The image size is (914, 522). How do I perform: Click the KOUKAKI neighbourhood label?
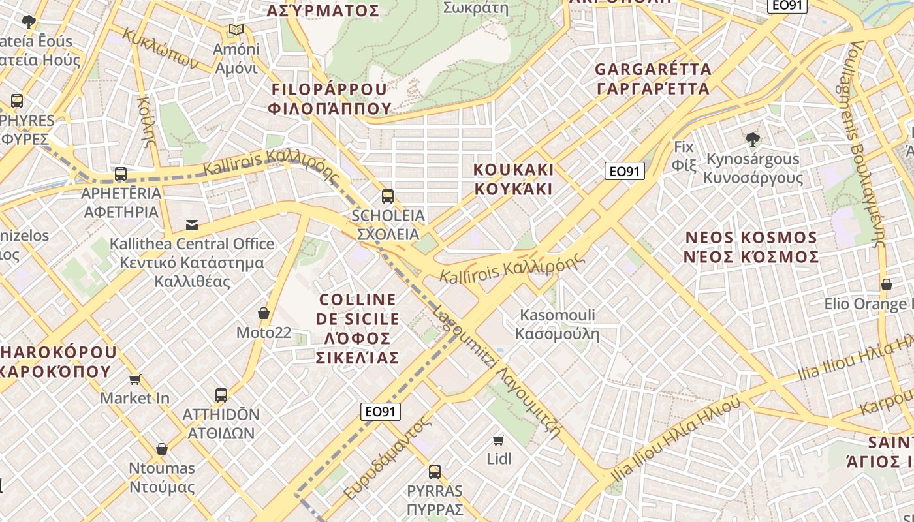(x=513, y=179)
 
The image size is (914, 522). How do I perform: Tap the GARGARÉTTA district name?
(x=652, y=79)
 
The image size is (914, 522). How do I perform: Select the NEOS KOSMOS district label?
(x=751, y=247)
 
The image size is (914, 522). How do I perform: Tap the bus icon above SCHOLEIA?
(x=388, y=196)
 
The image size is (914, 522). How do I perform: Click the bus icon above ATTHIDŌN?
(x=221, y=395)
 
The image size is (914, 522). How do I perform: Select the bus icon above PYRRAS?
(x=435, y=471)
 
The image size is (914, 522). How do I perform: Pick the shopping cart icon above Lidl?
(x=499, y=440)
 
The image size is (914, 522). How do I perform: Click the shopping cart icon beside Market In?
(x=135, y=379)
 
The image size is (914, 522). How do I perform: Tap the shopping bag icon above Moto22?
(x=264, y=313)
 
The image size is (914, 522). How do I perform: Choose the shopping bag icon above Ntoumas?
(x=162, y=449)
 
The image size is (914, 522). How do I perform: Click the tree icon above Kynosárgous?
(x=753, y=138)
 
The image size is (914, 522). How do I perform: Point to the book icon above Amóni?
(x=236, y=30)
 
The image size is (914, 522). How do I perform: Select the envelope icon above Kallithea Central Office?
(x=192, y=225)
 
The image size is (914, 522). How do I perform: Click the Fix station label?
(x=684, y=155)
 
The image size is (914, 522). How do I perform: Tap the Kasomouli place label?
(x=558, y=325)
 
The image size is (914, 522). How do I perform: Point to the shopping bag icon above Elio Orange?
(x=887, y=284)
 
